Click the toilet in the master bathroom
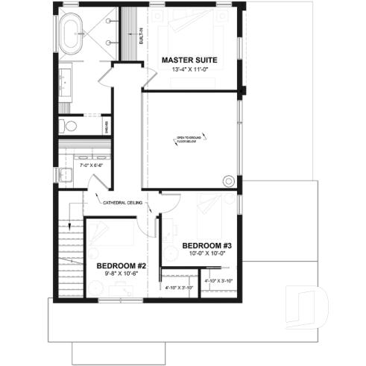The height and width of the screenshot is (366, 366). [64, 124]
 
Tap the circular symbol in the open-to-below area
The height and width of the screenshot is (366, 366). [229, 180]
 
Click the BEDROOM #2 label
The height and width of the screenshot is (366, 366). [120, 265]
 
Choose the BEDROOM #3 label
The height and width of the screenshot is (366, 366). [207, 244]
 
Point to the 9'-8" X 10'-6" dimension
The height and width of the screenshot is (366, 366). [120, 274]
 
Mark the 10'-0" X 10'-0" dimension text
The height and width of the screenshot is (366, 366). [207, 253]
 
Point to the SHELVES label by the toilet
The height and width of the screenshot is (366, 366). [107, 125]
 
